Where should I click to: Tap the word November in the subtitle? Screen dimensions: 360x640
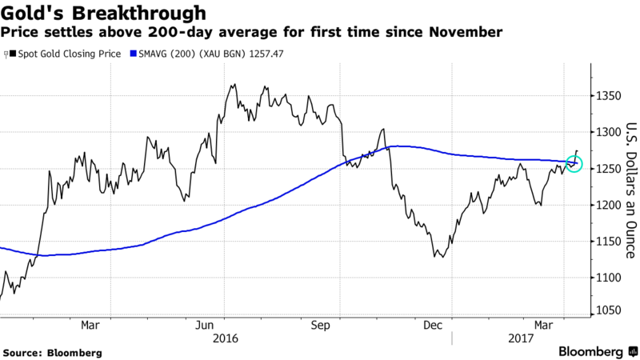(466, 32)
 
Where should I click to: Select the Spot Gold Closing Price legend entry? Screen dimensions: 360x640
(65, 54)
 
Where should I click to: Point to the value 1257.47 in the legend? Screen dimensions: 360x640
(267, 54)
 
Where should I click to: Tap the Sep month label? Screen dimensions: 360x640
(320, 326)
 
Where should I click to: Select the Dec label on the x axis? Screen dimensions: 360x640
(433, 326)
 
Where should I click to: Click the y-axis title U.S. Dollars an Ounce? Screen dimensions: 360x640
(630, 190)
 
